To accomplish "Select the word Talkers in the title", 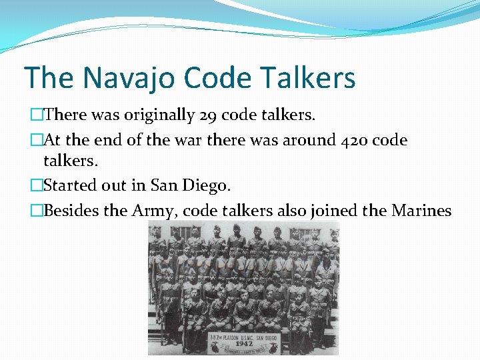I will [312, 79].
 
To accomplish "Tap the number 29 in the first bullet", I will [208, 115].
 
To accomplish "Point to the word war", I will [224, 141].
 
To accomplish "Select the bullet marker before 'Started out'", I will [36, 185].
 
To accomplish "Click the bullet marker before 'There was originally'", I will [36, 115].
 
